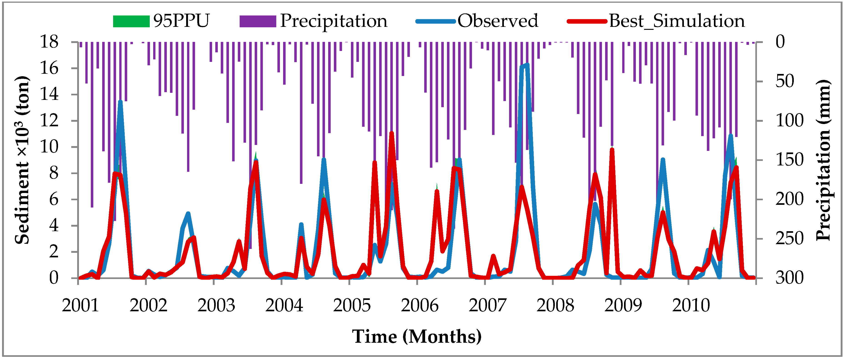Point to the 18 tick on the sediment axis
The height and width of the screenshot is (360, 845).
tap(49, 42)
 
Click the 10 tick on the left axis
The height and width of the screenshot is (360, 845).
tap(49, 147)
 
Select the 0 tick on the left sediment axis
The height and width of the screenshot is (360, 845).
tap(53, 278)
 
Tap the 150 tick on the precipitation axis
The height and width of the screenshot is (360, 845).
tap(789, 160)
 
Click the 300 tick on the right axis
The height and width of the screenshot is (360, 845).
tap(789, 278)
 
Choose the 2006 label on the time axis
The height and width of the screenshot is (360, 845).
tap(420, 306)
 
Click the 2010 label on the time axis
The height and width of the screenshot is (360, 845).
tap(691, 306)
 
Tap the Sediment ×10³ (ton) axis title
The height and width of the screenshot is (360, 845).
tap(22, 160)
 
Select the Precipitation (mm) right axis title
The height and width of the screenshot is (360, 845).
tap(823, 160)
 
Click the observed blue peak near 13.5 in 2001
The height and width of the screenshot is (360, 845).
tap(120, 102)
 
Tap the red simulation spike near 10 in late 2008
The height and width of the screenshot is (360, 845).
tap(612, 150)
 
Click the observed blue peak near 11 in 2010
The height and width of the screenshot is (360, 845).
tap(731, 135)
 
